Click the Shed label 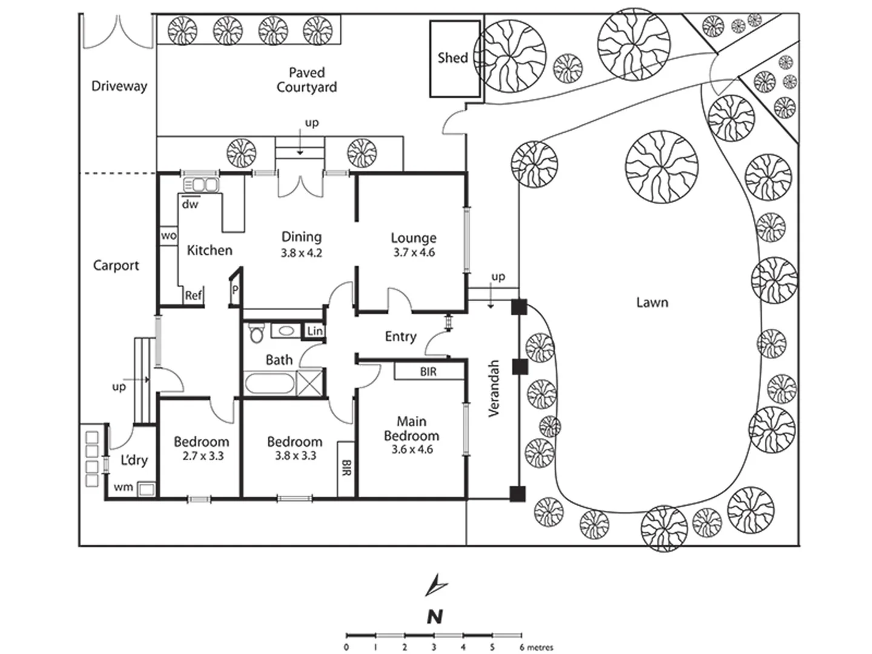point(452,58)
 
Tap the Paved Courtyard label point(306,80)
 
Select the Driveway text point(119,86)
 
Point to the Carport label point(116,265)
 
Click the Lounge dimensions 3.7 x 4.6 point(414,253)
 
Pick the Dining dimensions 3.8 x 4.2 point(301,253)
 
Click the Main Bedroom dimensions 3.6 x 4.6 point(411,449)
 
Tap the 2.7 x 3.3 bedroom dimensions point(203,456)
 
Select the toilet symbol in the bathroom point(257,332)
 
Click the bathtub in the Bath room point(269,383)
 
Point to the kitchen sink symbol point(200,185)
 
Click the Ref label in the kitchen point(193,296)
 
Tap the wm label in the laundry point(123,487)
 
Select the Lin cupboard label point(315,331)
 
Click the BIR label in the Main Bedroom point(428,372)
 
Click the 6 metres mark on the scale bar point(521,636)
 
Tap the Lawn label point(652,302)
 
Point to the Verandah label point(494,388)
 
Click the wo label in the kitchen point(168,236)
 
